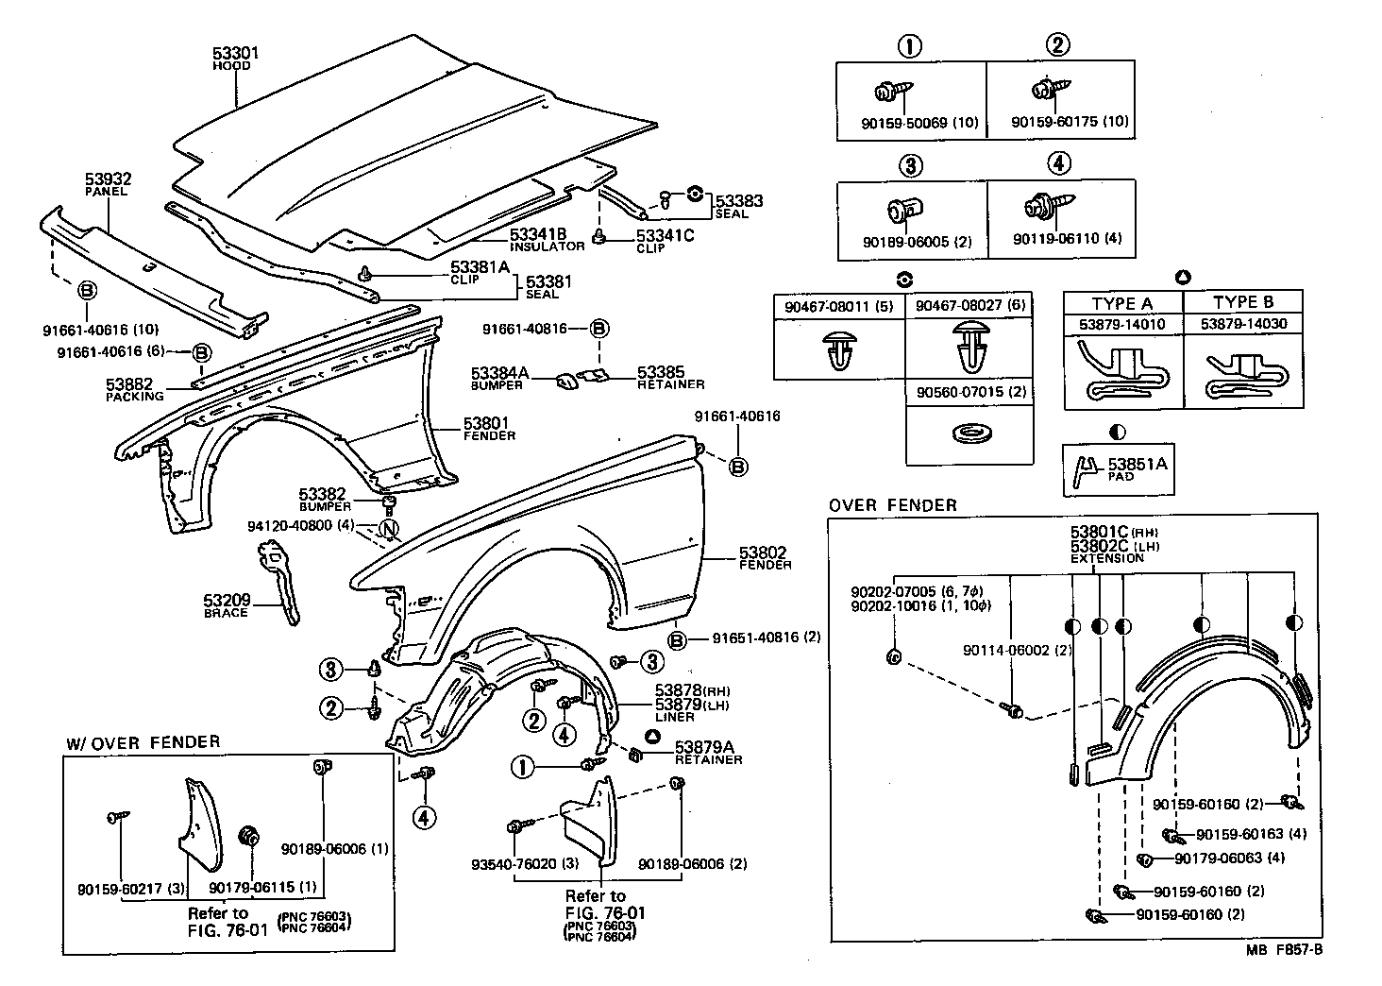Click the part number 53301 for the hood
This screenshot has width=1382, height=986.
[x=235, y=53]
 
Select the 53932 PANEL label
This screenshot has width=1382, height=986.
[x=108, y=184]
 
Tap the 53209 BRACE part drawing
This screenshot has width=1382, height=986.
[x=278, y=582]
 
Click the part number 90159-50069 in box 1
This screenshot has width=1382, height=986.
[x=903, y=123]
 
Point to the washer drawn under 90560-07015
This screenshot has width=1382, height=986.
[x=973, y=433]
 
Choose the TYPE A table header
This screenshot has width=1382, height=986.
[x=1122, y=304]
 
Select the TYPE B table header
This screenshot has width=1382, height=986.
[x=1243, y=302]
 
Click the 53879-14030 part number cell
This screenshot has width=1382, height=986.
[x=1243, y=324]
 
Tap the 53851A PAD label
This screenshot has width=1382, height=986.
[x=1138, y=468]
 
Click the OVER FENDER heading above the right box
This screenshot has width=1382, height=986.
[x=892, y=505]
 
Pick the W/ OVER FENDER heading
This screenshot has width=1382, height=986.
[x=143, y=742]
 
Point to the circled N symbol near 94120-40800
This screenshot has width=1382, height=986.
[x=389, y=529]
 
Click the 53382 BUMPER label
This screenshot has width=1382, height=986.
[x=325, y=500]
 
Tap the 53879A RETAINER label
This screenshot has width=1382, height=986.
[x=708, y=754]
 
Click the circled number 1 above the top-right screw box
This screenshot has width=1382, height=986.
[x=909, y=47]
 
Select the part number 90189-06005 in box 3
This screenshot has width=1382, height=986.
[x=905, y=242]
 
